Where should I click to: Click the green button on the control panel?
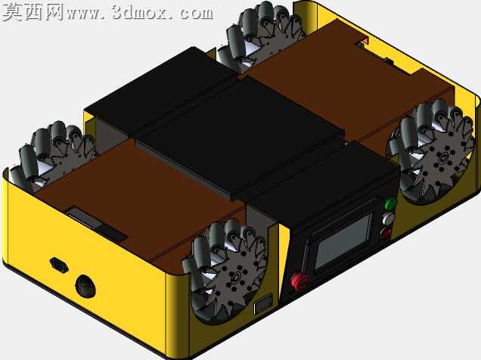pos(390,203)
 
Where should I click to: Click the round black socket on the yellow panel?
pos(85,286)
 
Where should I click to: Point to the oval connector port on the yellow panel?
pos(58,265)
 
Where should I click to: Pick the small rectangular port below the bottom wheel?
pos(263,304)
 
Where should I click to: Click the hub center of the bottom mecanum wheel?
pos(236,278)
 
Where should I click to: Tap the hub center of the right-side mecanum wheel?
pos(442,160)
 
